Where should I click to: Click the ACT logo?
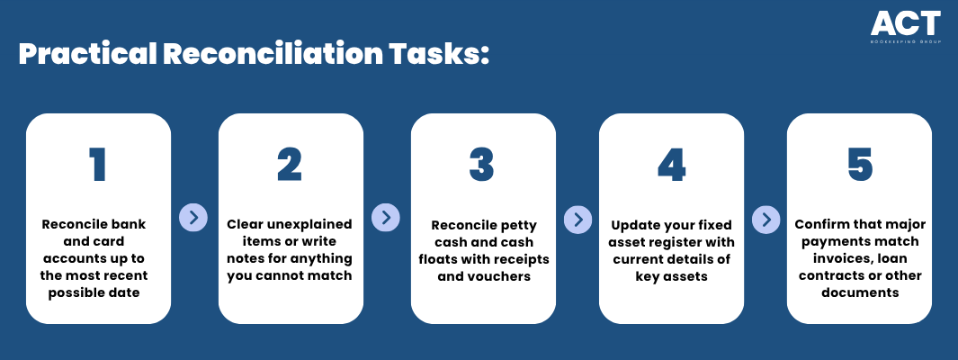tap(906, 27)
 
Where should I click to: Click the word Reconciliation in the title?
tap(271, 55)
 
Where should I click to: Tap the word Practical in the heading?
tap(87, 55)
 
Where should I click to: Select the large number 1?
tap(98, 165)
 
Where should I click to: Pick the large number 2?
tap(290, 165)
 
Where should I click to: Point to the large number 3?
tap(482, 165)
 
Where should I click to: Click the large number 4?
tap(671, 165)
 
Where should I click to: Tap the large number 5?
tap(860, 165)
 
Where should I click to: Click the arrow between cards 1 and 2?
tap(193, 217)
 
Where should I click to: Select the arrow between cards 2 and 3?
tap(386, 217)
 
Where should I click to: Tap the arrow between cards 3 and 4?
tap(577, 218)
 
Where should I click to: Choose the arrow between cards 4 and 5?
tap(766, 218)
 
